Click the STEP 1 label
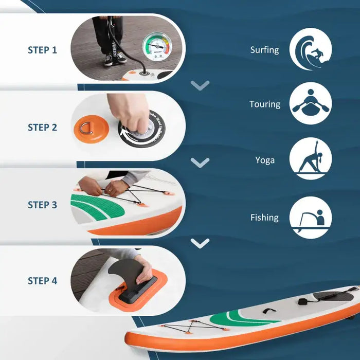pos(42,50)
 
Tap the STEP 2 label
pos(42,127)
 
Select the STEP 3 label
pos(42,205)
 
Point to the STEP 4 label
pos(42,281)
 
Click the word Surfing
pos(264,50)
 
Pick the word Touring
pos(265,104)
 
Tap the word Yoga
pos(265,160)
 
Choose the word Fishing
pos(264,218)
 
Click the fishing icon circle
pos(311,218)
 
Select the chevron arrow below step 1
pos(200,85)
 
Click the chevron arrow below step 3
pos(200,242)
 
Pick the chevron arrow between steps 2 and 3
pos(200,163)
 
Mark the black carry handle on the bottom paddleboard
pos(267,311)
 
